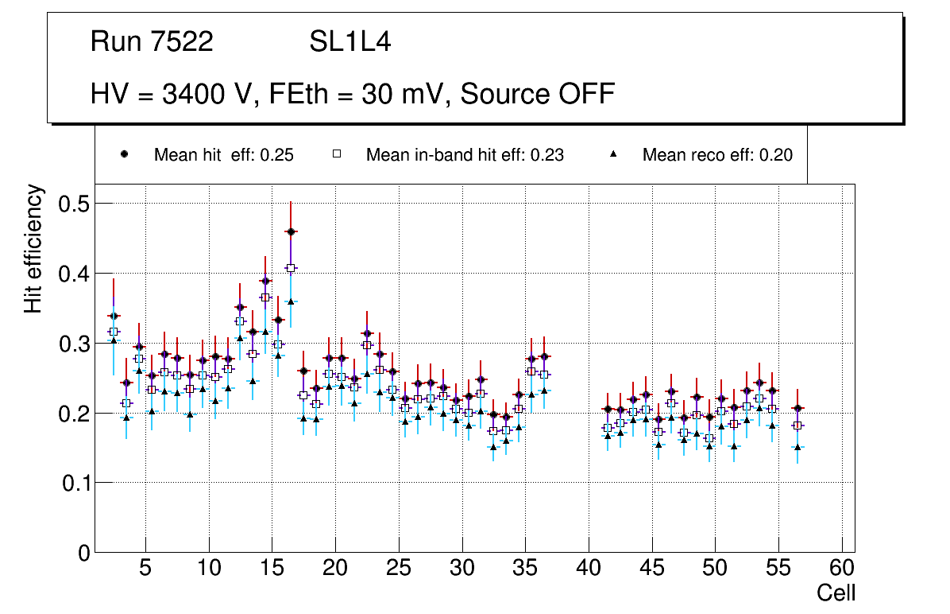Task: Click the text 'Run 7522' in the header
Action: coord(152,42)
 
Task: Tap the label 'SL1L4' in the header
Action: coord(349,42)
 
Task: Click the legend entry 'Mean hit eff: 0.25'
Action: coord(223,155)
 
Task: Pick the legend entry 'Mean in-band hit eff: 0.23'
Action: coord(465,155)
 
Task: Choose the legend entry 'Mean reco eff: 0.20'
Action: coord(717,155)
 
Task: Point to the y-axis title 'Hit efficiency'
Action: coord(33,248)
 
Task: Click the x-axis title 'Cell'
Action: coord(836,593)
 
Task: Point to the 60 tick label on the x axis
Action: coord(842,569)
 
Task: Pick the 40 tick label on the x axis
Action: coord(589,569)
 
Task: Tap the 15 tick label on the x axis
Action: coord(272,569)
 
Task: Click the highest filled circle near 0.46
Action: coord(291,231)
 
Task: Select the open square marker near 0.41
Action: coord(291,268)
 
